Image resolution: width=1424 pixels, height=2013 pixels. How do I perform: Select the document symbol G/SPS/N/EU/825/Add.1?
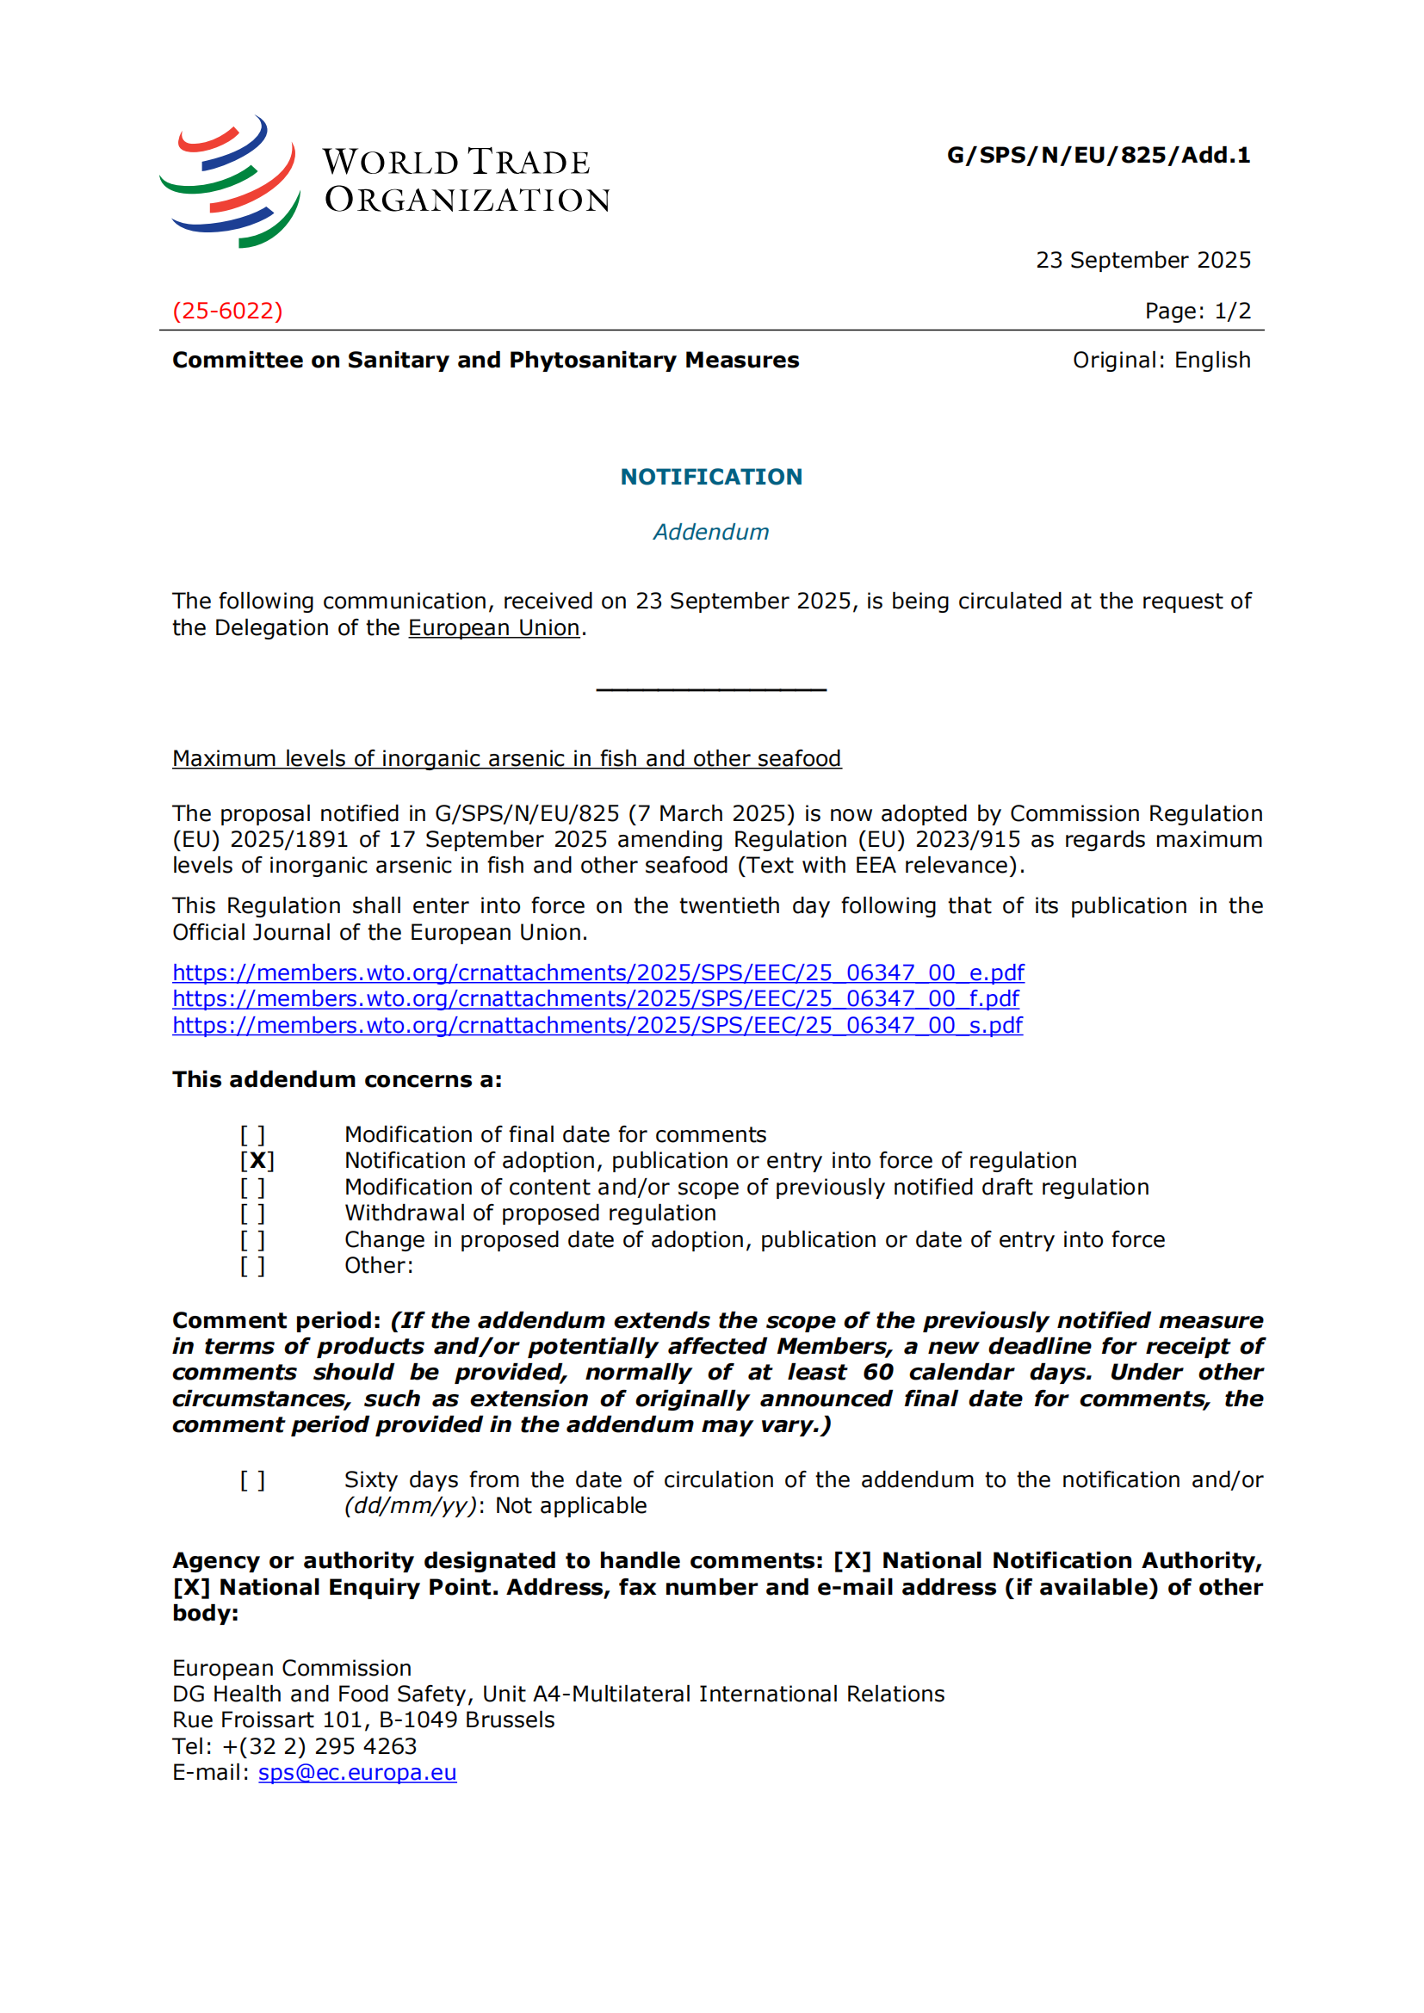[1098, 155]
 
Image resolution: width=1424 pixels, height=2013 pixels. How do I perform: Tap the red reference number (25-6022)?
[227, 312]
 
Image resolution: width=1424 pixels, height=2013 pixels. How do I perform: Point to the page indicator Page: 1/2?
[1197, 312]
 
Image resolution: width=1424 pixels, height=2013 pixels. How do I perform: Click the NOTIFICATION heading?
[711, 477]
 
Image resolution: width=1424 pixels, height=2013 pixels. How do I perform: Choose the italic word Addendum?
[711, 532]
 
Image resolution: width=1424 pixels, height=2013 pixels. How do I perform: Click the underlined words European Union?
[493, 628]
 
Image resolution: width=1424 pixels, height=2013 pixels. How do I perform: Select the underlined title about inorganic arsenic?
[506, 758]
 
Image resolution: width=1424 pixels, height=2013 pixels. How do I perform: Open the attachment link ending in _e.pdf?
[598, 973]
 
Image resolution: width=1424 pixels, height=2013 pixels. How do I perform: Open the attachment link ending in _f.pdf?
[596, 998]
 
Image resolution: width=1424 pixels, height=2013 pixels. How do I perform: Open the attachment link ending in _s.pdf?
[597, 1025]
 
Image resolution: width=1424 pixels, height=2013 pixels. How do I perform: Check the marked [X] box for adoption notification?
[257, 1161]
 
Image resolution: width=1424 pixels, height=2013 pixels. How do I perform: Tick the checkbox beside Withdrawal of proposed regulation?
[252, 1213]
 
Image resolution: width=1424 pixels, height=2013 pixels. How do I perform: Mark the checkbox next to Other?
[252, 1266]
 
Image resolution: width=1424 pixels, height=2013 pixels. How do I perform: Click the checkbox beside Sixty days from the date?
[252, 1480]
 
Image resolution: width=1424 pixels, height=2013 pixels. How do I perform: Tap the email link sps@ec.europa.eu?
[357, 1773]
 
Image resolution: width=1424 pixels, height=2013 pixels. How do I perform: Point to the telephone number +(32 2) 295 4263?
[319, 1746]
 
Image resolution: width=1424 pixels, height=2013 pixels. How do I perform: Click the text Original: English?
[1161, 361]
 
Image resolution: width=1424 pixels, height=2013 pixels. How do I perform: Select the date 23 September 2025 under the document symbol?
[1142, 261]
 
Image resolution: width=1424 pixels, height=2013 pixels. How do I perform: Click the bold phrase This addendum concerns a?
[337, 1079]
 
